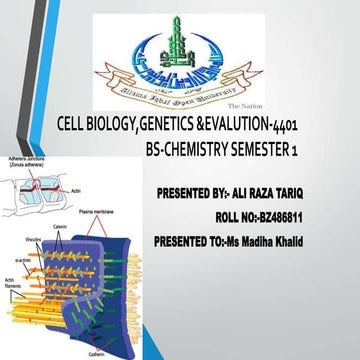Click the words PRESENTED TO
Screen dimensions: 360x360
point(198,241)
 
